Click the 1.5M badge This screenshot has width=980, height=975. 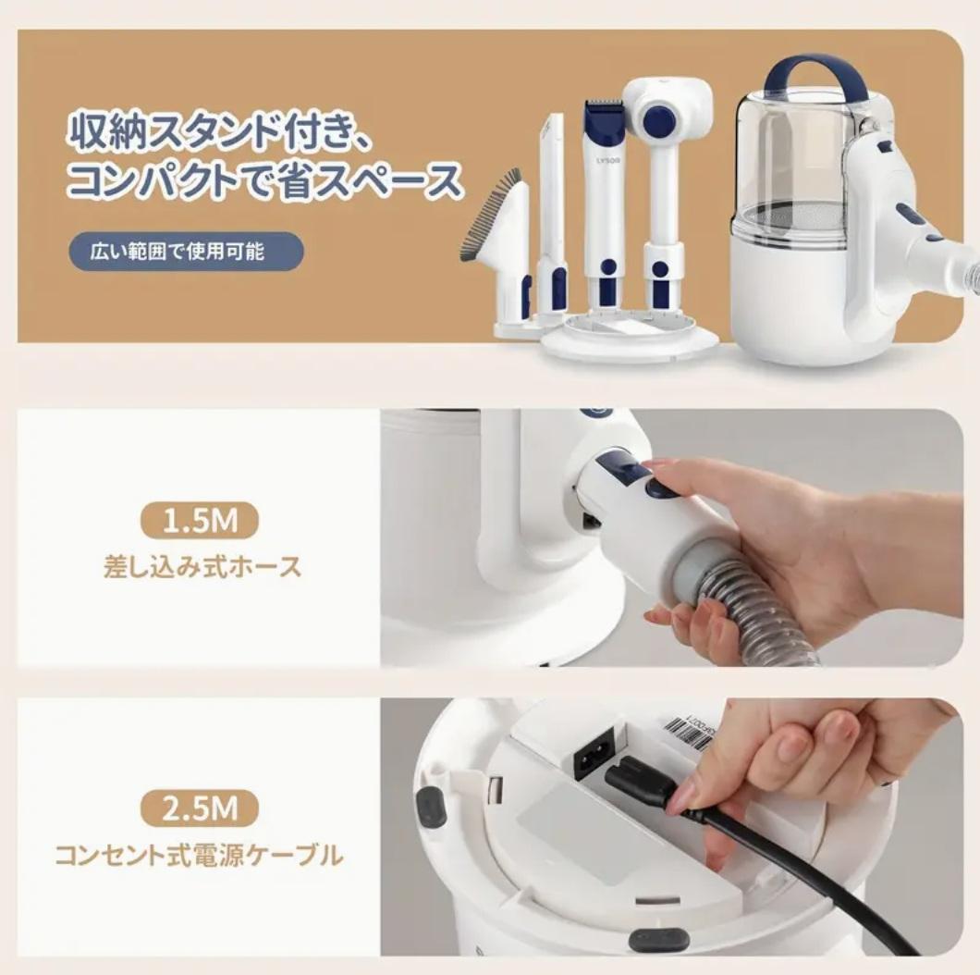(x=200, y=522)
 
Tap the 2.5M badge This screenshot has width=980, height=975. (x=200, y=810)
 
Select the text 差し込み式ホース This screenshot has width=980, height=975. (x=202, y=566)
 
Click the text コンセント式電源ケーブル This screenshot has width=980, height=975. (x=199, y=856)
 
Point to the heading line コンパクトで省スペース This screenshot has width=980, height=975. (x=264, y=180)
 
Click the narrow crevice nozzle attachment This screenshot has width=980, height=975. (x=552, y=213)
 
